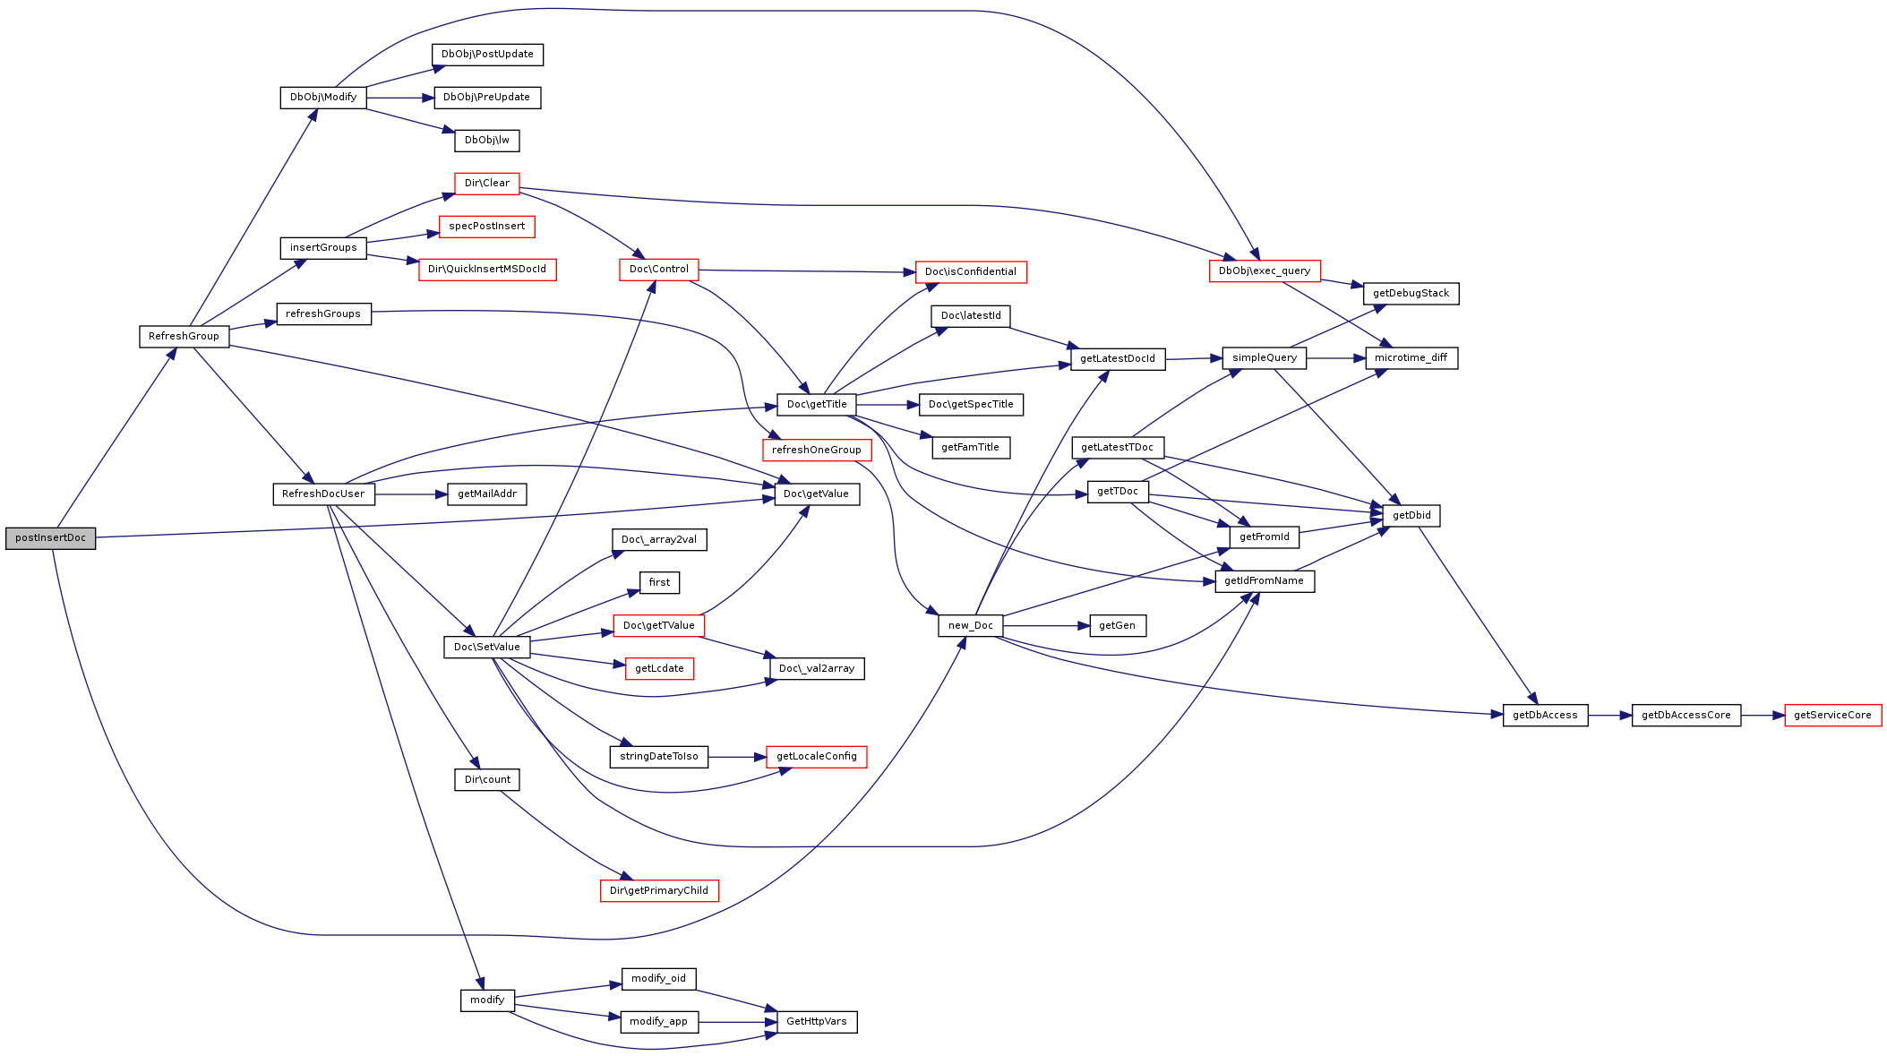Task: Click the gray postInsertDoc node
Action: coord(50,538)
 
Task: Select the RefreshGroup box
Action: coord(184,337)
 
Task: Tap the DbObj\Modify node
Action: coord(323,98)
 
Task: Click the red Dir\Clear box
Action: coord(487,184)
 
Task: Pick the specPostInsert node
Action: coord(487,227)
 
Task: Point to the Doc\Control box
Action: coord(659,270)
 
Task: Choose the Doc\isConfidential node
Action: coord(971,272)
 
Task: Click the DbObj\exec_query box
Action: coord(1265,271)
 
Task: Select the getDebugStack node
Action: coord(1411,294)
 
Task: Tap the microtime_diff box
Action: coord(1411,358)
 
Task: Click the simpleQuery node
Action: coord(1265,358)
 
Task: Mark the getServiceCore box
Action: coord(1833,716)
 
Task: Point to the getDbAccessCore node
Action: coord(1686,716)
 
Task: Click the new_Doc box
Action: coord(971,626)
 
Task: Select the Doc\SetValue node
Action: coord(487,648)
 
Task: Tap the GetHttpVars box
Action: coord(817,1022)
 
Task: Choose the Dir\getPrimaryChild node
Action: coord(659,891)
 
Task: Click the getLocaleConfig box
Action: coord(817,757)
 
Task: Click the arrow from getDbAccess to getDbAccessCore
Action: coord(1610,716)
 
